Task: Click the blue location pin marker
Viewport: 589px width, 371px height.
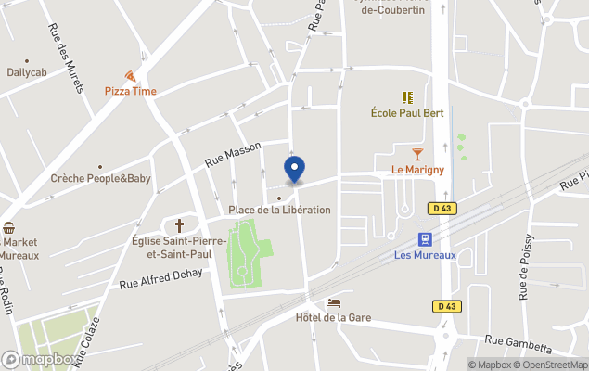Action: pyautogui.click(x=294, y=170)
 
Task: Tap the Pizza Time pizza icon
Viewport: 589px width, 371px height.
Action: pyautogui.click(x=130, y=76)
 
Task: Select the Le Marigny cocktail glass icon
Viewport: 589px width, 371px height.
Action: pyautogui.click(x=417, y=154)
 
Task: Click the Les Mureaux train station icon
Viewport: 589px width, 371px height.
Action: pyautogui.click(x=425, y=239)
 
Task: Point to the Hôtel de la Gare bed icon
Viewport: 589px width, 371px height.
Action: pyautogui.click(x=333, y=302)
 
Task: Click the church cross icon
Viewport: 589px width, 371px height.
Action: pyautogui.click(x=179, y=225)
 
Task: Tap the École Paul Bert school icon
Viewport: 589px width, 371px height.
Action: pyautogui.click(x=406, y=96)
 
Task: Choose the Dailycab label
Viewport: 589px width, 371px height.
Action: pyautogui.click(x=27, y=72)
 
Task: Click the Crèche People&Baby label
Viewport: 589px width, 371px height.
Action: pyautogui.click(x=100, y=178)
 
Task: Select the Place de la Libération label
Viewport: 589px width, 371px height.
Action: pyautogui.click(x=279, y=210)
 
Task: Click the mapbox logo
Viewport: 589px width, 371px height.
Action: pyautogui.click(x=39, y=359)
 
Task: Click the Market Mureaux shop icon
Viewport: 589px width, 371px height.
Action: pyautogui.click(x=9, y=227)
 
